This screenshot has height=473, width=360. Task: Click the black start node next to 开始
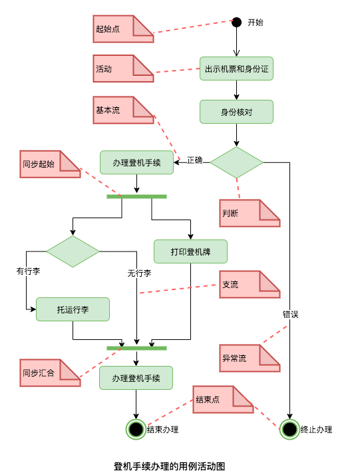[x=236, y=22]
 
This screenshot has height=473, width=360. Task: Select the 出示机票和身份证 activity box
[x=236, y=69]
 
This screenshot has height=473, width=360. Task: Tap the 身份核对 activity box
[x=236, y=112]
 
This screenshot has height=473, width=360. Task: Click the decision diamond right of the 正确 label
[x=237, y=162]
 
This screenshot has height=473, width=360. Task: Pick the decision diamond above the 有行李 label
[x=73, y=251]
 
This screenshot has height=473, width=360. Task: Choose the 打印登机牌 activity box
[x=190, y=251]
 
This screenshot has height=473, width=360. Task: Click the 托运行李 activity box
[x=73, y=309]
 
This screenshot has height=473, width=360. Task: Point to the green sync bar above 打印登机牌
[x=136, y=196]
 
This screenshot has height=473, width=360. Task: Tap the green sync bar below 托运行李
[x=136, y=348]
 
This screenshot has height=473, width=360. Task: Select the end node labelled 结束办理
[x=136, y=429]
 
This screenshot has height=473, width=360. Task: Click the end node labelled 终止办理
[x=289, y=429]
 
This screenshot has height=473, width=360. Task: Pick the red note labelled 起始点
[x=123, y=29]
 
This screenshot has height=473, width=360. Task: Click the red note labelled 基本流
[x=123, y=110]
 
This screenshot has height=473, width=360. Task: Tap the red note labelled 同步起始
[x=50, y=164]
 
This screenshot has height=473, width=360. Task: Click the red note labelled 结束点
[x=223, y=399]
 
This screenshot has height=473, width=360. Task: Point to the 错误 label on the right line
[x=290, y=314]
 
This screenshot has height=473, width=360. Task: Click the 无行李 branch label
[x=139, y=273]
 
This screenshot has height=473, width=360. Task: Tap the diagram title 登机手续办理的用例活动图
[x=170, y=466]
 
